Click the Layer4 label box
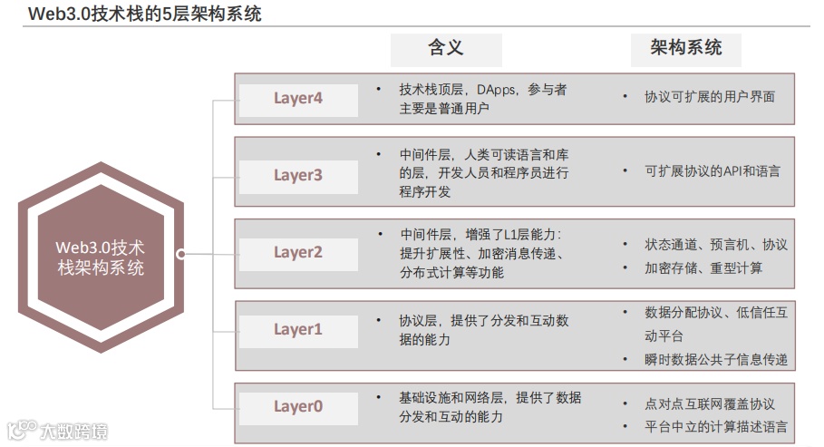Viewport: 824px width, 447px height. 297,99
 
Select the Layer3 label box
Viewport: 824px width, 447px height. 297,175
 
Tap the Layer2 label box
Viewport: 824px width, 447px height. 297,253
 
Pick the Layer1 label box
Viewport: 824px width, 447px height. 297,330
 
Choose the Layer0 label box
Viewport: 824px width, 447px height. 297,407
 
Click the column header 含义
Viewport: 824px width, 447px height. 445,49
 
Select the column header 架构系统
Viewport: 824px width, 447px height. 685,49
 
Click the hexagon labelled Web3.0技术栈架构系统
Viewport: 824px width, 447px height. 100,256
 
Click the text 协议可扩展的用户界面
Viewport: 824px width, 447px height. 709,96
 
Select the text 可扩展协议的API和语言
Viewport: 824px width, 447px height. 712,170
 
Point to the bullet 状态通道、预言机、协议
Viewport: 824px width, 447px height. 715,245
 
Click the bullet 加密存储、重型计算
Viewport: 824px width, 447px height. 703,267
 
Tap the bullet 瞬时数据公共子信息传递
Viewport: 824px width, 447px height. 715,359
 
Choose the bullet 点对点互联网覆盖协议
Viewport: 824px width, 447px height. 709,403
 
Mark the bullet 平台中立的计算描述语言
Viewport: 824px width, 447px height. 715,426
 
